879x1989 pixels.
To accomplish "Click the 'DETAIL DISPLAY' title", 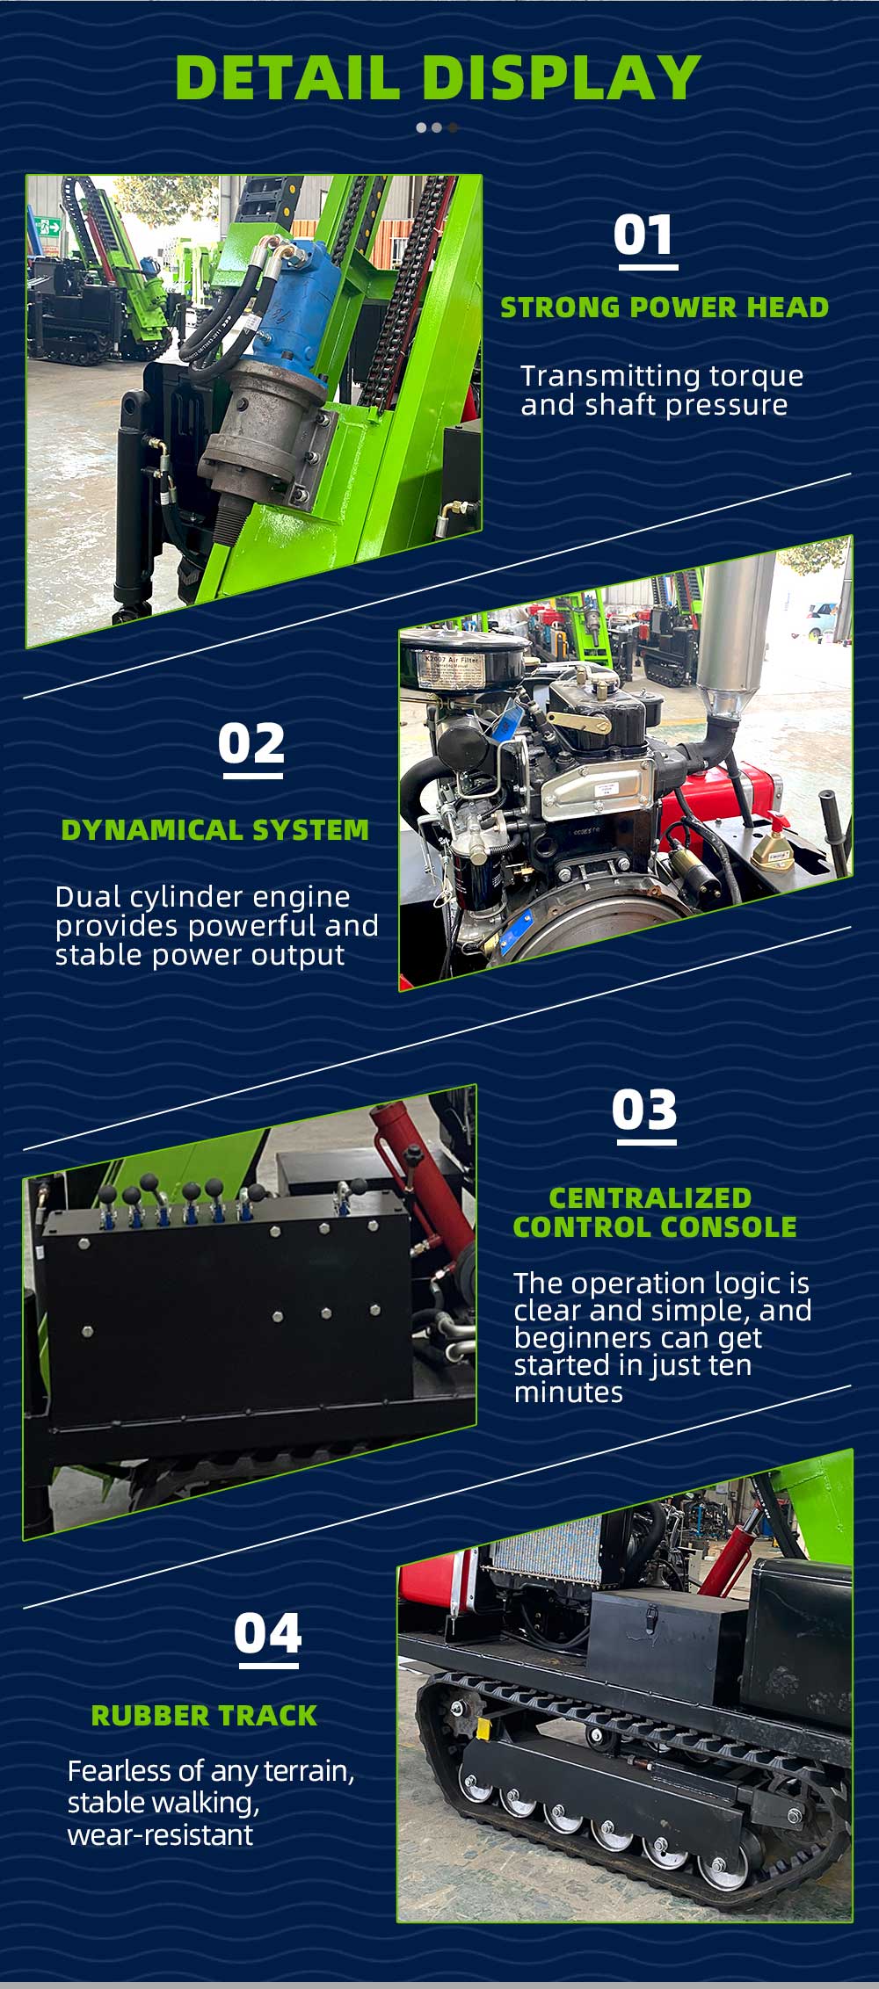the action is click(x=439, y=77).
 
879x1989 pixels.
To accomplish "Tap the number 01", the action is click(x=644, y=235).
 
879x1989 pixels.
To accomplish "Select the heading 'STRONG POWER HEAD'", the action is click(x=665, y=307).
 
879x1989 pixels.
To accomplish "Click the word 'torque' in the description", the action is click(x=757, y=376).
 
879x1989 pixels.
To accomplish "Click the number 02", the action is click(x=251, y=744).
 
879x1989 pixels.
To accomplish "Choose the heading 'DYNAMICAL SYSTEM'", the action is click(x=214, y=829).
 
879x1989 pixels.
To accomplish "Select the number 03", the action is click(x=645, y=1110).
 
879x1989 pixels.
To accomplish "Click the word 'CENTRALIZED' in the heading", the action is click(x=650, y=1197).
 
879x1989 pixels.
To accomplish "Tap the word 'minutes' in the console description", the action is click(x=569, y=1392).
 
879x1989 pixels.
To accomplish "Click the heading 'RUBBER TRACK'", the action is click(x=204, y=1715).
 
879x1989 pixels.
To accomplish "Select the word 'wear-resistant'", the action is click(x=160, y=1834).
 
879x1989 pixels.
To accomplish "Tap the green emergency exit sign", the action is click(x=51, y=227).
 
